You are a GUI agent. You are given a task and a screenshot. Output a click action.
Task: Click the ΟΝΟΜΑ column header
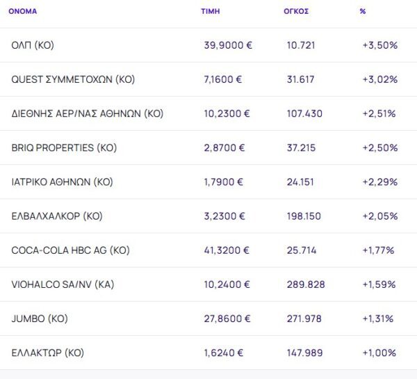pyautogui.click(x=23, y=11)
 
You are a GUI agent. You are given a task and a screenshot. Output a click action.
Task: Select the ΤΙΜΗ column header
pyautogui.click(x=211, y=11)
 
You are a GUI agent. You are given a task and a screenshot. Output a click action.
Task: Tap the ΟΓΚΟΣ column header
pyautogui.click(x=297, y=11)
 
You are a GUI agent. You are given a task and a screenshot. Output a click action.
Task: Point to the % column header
pyautogui.click(x=363, y=11)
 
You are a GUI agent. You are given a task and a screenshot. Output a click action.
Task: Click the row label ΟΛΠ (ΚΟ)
pyautogui.click(x=33, y=45)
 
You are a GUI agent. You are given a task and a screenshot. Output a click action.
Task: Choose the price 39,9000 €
pyautogui.click(x=228, y=45)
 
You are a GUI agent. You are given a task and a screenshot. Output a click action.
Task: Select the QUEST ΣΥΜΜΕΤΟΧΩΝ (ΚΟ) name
pyautogui.click(x=73, y=79)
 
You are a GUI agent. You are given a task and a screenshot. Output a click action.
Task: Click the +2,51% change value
pyautogui.click(x=379, y=113)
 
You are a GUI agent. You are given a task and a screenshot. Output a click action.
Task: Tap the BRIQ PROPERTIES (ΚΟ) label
pyautogui.click(x=63, y=147)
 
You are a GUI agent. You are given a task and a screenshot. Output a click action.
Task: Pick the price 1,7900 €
pyautogui.click(x=224, y=182)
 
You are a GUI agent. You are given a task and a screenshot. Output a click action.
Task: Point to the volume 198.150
pyautogui.click(x=304, y=216)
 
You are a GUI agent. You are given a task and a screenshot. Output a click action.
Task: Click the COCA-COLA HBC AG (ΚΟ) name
pyautogui.click(x=70, y=250)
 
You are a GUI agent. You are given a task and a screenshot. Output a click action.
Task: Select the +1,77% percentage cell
pyautogui.click(x=378, y=250)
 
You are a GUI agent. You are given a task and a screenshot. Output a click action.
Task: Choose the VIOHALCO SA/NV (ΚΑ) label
pyautogui.click(x=63, y=284)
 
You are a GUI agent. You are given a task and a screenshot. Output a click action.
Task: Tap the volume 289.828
pyautogui.click(x=305, y=284)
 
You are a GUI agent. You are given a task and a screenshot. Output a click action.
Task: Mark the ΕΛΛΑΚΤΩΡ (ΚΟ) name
pyautogui.click(x=48, y=353)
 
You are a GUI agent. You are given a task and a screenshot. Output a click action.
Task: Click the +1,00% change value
pyautogui.click(x=379, y=353)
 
